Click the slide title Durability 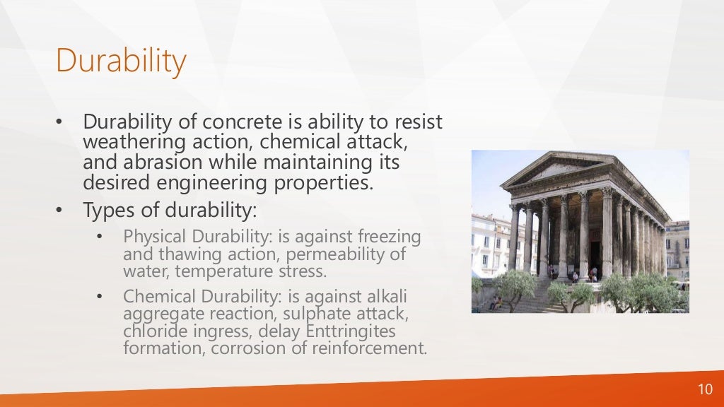coord(121,61)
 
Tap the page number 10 coord(705,390)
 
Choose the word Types coord(105,211)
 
